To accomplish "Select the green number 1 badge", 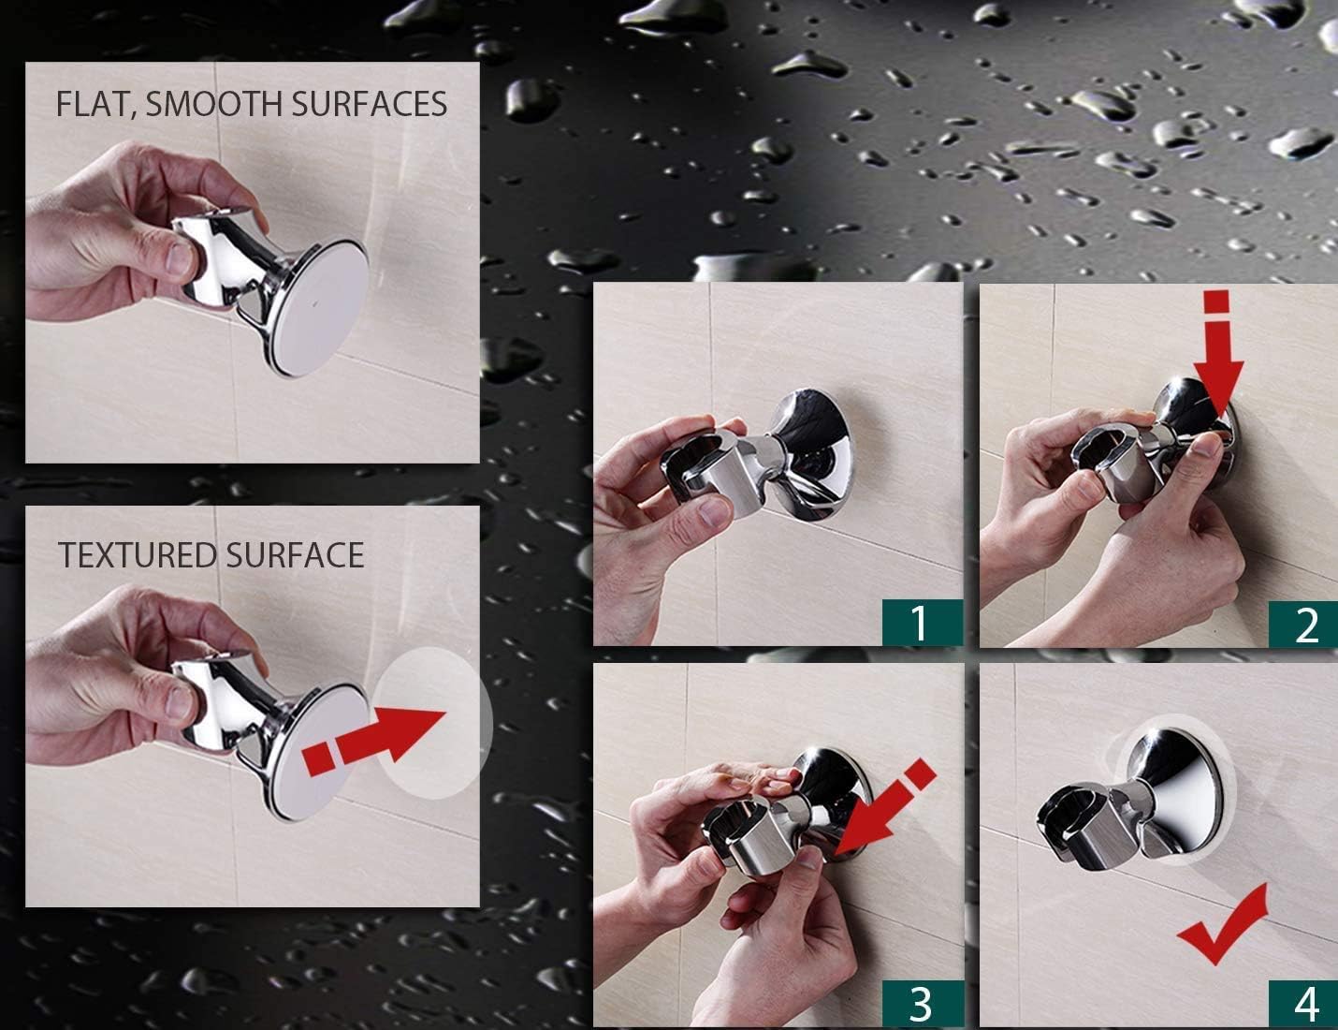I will (x=922, y=622).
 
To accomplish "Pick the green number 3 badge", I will (x=922, y=1002).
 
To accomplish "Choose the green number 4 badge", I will (x=1305, y=1004).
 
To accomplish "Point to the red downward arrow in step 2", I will (x=1215, y=357).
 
